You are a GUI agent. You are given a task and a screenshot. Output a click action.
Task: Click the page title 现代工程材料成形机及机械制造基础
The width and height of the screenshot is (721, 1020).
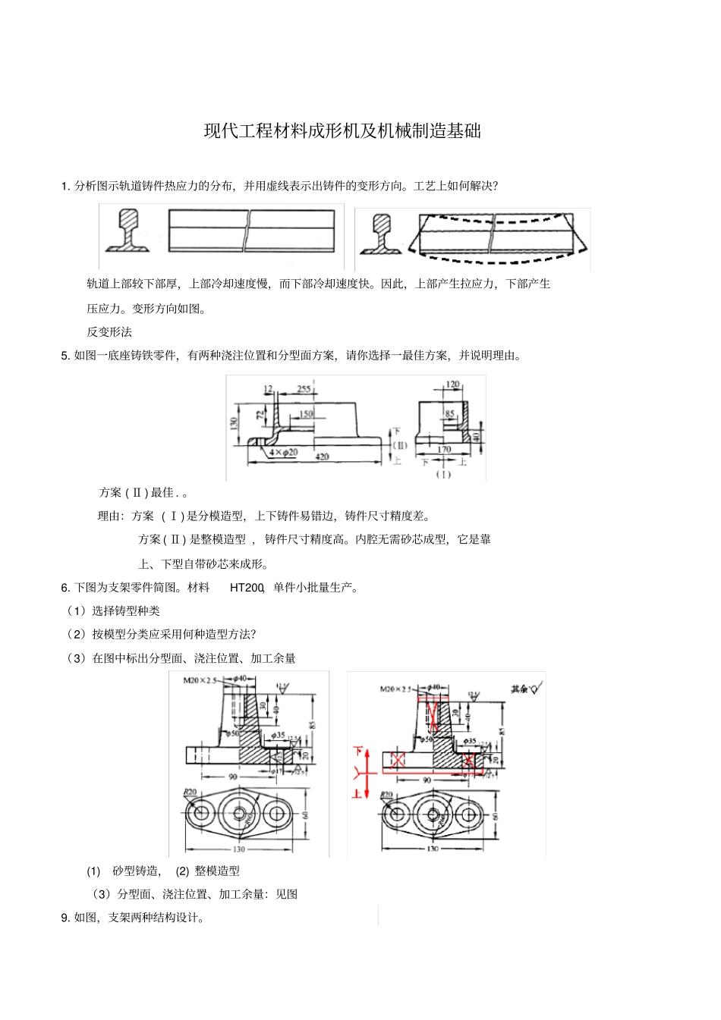[x=342, y=131]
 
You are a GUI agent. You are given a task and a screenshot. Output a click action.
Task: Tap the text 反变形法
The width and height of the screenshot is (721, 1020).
[x=109, y=331]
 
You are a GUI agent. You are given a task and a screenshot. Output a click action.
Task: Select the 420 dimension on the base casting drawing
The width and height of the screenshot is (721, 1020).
[x=322, y=457]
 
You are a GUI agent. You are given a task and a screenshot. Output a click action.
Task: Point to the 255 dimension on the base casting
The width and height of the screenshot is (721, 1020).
[x=304, y=388]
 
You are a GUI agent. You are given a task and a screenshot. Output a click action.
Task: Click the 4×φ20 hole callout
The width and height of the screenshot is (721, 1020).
[x=283, y=452]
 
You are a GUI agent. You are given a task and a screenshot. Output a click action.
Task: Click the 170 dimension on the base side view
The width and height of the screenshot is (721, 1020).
[x=443, y=450]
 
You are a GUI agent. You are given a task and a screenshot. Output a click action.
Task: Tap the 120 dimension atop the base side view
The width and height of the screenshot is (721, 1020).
[x=452, y=384]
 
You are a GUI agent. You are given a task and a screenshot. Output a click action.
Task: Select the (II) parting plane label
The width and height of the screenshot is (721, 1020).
[x=400, y=445]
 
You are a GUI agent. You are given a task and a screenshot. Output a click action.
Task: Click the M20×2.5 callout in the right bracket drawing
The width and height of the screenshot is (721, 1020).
[x=395, y=689]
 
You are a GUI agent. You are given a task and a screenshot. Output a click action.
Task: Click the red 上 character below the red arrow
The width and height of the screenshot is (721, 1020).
[x=357, y=793]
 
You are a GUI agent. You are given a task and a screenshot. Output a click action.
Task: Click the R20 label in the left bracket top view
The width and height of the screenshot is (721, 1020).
[x=190, y=792]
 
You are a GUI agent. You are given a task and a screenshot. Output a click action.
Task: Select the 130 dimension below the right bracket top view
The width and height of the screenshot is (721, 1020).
[x=432, y=849]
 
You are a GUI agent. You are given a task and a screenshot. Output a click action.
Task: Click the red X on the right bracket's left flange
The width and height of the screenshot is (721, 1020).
[x=395, y=759]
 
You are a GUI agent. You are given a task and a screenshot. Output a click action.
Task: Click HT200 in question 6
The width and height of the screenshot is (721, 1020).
[x=247, y=587]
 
